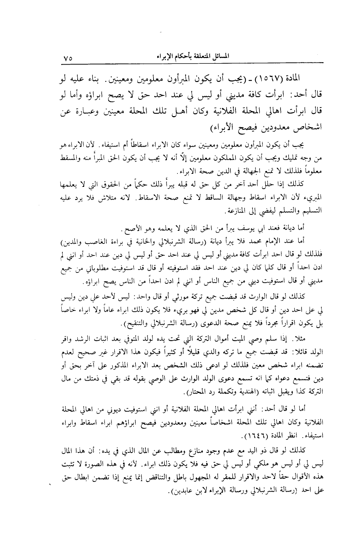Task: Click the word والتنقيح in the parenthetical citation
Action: [138, 323]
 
